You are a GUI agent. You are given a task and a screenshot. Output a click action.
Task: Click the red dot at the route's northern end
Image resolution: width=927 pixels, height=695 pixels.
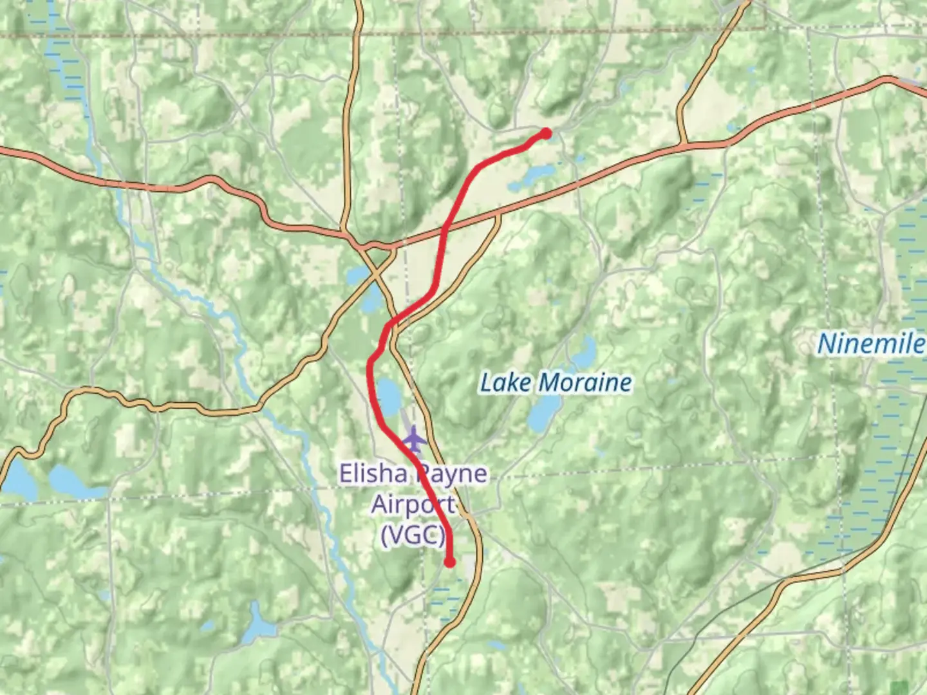click(x=547, y=134)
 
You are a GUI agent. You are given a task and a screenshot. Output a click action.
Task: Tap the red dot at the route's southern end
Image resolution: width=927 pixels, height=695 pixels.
click(x=450, y=562)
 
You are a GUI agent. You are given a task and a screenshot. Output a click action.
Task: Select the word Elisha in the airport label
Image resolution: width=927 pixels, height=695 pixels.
click(x=373, y=474)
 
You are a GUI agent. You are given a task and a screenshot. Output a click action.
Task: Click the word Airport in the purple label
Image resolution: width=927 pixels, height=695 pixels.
click(x=413, y=505)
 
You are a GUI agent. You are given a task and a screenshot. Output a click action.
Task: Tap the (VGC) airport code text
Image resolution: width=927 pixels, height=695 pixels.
click(x=413, y=535)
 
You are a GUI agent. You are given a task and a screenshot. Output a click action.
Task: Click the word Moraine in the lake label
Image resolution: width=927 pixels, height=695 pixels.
click(x=585, y=383)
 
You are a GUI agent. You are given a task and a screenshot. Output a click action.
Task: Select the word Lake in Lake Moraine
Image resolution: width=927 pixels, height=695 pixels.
click(x=506, y=383)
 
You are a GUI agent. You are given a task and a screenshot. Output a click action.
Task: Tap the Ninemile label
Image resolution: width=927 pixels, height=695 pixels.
click(x=870, y=344)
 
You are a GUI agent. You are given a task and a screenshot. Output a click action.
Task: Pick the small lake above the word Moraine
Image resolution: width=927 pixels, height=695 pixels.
click(x=585, y=351)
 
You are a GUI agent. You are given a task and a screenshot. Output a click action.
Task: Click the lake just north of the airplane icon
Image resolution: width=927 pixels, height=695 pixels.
click(x=389, y=396)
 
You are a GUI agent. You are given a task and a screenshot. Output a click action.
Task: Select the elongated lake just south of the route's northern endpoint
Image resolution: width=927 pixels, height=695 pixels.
click(x=532, y=177)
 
